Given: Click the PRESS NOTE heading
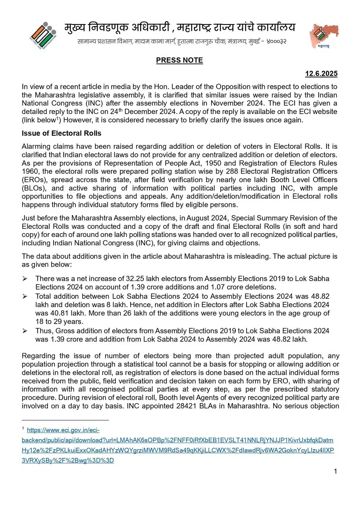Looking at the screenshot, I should pos(179,60).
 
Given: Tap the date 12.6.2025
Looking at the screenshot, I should pos(321,74).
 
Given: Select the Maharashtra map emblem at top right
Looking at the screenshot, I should pos(324,35).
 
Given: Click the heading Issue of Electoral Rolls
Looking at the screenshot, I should pos(61,133).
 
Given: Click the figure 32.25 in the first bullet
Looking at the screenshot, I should pos(135,279).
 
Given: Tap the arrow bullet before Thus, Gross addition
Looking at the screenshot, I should pos(25,331).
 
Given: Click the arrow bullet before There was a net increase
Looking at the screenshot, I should pos(25,279).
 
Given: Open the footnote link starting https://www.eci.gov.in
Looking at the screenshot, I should pos(63,430).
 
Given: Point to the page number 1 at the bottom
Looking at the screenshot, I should pos(335,471).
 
